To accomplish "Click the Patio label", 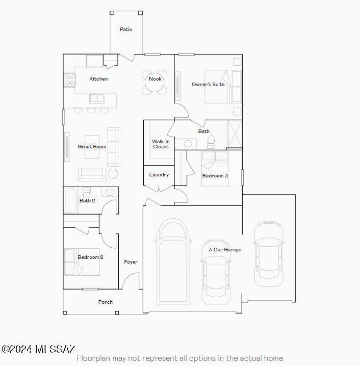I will [126, 30].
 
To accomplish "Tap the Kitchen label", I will [98, 79].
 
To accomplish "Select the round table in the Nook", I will [155, 85].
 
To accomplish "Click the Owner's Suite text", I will [208, 84].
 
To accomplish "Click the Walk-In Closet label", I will [160, 144].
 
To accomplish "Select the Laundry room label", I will [159, 175].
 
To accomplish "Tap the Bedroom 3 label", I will [215, 176].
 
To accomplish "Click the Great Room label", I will [92, 147].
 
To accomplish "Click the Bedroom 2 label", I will [90, 257].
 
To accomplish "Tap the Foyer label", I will [131, 262].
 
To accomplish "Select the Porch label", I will [106, 302].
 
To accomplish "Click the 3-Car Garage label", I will [225, 250].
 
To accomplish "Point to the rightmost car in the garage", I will [268, 253].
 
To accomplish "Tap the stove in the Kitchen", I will [69, 79].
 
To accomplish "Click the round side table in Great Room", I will [113, 174].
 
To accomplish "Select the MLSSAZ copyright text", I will [39, 349].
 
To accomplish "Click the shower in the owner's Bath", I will [235, 134].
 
